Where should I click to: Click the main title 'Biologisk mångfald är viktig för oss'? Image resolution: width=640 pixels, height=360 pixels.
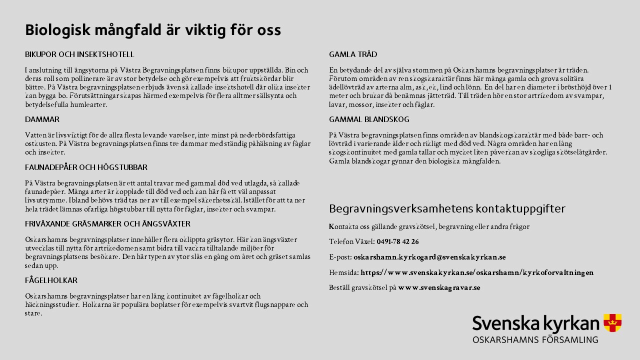153,30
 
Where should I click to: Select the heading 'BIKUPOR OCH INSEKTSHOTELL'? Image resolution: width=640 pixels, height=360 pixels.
79,54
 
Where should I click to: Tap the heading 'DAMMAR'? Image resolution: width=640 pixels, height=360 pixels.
42,119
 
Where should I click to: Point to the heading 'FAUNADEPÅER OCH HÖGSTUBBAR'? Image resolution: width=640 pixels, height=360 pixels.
86,167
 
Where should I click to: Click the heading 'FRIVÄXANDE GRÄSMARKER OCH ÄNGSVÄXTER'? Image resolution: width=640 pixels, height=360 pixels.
107,224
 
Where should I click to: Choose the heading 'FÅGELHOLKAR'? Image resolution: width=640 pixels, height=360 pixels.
51,280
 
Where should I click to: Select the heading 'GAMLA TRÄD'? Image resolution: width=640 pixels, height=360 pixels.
353,54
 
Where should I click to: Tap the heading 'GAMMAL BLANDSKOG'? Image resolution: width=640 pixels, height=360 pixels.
369,119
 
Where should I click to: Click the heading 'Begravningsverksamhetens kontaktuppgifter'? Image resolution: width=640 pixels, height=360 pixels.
447,208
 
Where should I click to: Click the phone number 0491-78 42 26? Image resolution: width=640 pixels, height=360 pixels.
397,242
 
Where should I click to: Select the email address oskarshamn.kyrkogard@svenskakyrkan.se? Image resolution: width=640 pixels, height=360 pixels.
429,257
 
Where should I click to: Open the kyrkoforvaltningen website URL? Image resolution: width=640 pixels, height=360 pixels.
477,273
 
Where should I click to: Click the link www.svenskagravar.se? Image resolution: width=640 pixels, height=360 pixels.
439,288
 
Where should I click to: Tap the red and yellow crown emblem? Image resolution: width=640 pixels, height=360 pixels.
612,322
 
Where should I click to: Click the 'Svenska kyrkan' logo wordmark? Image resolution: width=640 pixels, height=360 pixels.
535,324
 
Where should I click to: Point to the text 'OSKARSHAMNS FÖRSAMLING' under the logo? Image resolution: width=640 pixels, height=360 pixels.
535,340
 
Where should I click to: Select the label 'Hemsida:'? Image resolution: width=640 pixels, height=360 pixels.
344,273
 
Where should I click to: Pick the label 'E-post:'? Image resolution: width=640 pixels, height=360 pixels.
340,257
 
